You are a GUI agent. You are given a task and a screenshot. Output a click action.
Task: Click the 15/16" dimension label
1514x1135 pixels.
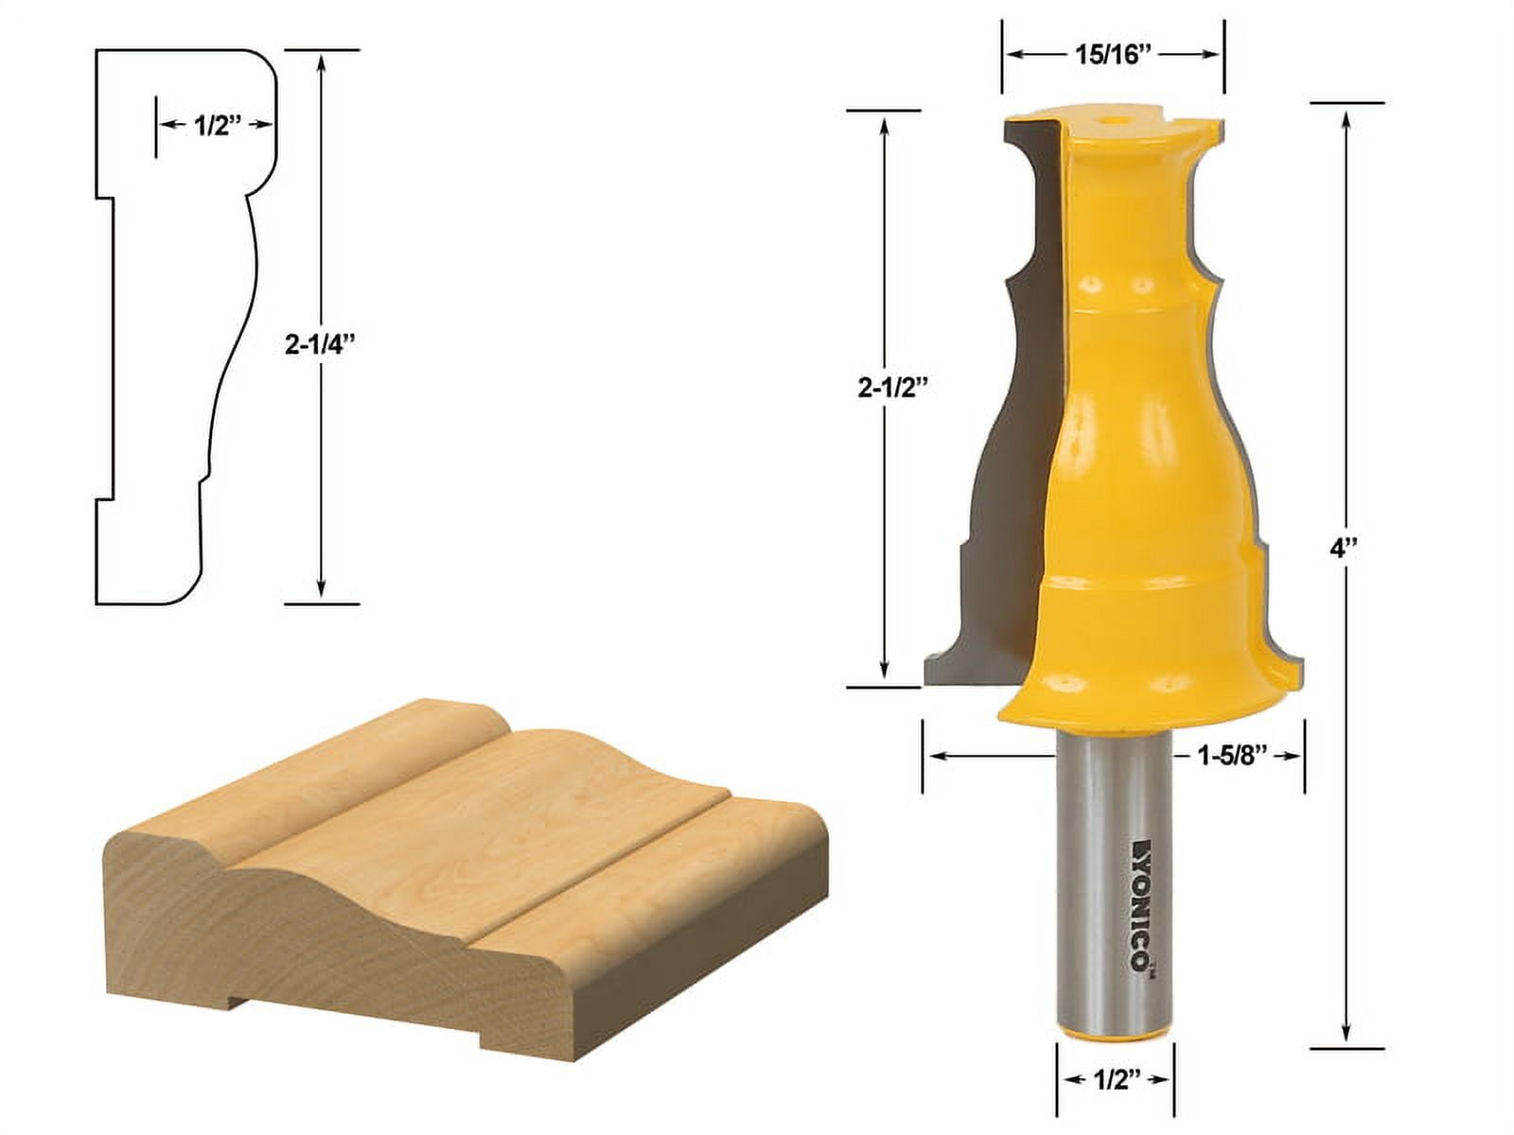1112,55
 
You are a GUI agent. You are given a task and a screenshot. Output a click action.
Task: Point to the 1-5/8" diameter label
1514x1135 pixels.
1233,756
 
